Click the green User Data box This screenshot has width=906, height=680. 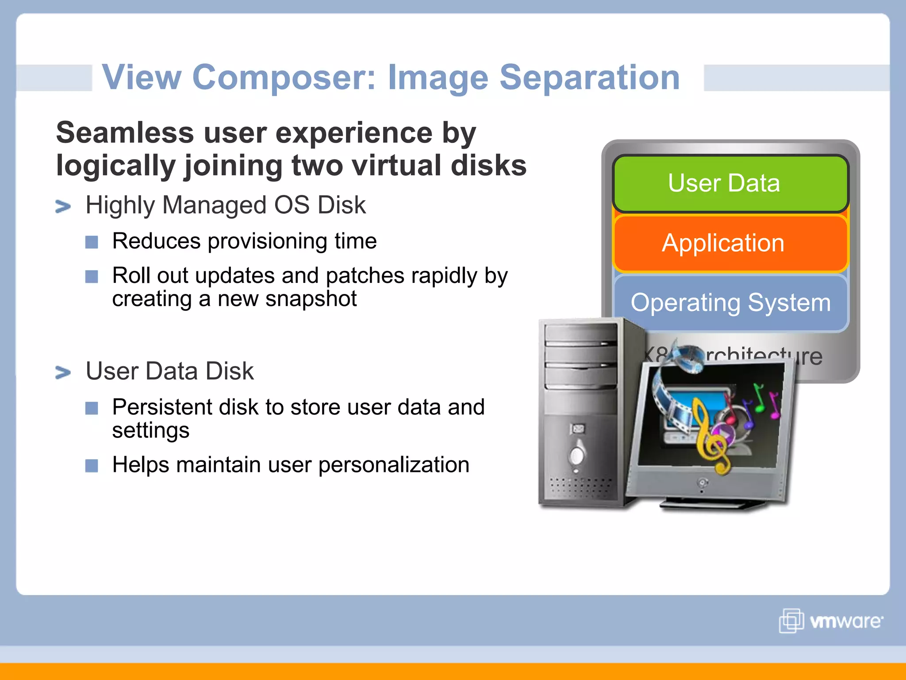pyautogui.click(x=730, y=183)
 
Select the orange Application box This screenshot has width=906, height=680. pyautogui.click(x=730, y=243)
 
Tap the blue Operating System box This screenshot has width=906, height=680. pyautogui.click(x=730, y=303)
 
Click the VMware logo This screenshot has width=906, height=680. pyautogui.click(x=831, y=621)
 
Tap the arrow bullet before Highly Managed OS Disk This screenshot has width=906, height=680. pyautogui.click(x=63, y=206)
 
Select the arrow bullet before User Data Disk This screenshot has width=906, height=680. pyautogui.click(x=63, y=372)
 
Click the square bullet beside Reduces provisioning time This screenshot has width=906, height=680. pyautogui.click(x=92, y=242)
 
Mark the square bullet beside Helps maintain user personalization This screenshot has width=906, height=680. pyautogui.click(x=92, y=466)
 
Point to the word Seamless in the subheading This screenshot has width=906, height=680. pyautogui.click(x=125, y=133)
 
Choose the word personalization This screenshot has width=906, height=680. pyautogui.click(x=394, y=465)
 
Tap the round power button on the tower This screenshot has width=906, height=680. pyautogui.click(x=577, y=455)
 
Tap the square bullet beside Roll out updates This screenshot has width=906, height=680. pyautogui.click(x=92, y=277)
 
